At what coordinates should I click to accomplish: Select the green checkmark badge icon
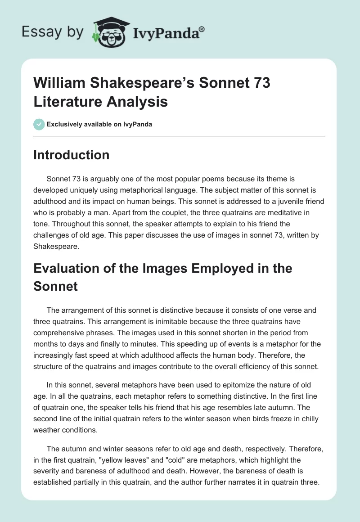tap(40, 124)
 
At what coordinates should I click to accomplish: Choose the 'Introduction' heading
tap(72, 155)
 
